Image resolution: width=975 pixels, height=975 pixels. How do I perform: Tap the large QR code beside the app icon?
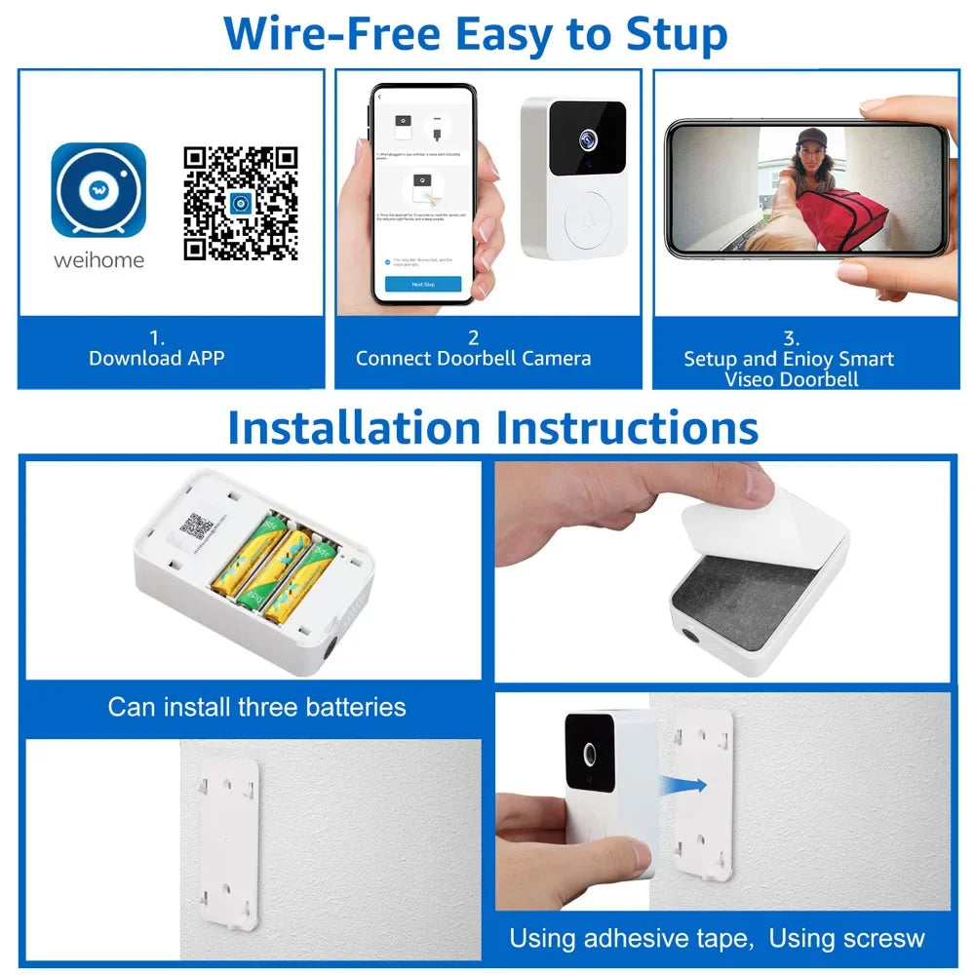(x=240, y=203)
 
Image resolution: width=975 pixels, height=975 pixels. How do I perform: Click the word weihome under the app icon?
(x=97, y=260)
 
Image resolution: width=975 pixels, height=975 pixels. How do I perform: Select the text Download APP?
(x=156, y=358)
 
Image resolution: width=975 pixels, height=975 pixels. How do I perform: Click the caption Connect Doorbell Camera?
(x=473, y=358)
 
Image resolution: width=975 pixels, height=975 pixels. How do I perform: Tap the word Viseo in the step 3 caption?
(x=756, y=379)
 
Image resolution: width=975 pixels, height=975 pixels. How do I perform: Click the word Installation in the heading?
(x=354, y=428)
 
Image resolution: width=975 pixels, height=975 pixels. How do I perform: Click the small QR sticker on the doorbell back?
(x=197, y=527)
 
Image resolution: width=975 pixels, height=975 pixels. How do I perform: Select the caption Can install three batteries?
(x=256, y=706)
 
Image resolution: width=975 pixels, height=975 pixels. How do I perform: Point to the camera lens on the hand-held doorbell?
(x=590, y=754)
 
